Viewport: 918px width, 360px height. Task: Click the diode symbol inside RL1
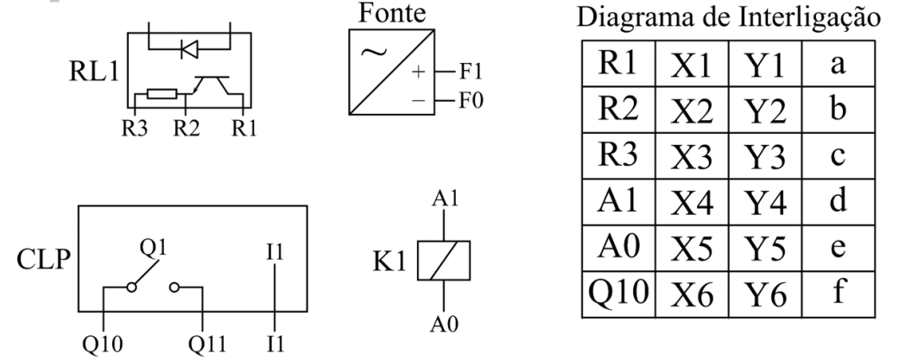190,49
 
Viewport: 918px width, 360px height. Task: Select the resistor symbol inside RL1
161,93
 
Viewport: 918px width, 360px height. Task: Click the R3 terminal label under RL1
135,128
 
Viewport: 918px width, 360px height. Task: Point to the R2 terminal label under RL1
187,128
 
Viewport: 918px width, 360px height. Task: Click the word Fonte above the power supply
392,13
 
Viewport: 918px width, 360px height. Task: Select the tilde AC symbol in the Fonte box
374,53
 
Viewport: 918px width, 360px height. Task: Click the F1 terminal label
471,72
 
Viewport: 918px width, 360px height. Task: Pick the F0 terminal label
471,100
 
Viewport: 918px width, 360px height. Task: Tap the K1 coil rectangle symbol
443,260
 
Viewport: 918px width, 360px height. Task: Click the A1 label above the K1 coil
445,199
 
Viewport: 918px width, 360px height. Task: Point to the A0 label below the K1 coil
445,324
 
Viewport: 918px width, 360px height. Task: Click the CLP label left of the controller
43,260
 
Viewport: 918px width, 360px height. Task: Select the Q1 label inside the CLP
154,248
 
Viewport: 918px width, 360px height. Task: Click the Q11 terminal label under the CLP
206,344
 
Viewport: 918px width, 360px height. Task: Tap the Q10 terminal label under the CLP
103,344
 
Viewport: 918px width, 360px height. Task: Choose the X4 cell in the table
692,202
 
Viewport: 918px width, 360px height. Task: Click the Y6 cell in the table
765,294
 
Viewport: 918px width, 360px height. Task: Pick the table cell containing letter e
839,248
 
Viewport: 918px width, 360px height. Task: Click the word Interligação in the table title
809,19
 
